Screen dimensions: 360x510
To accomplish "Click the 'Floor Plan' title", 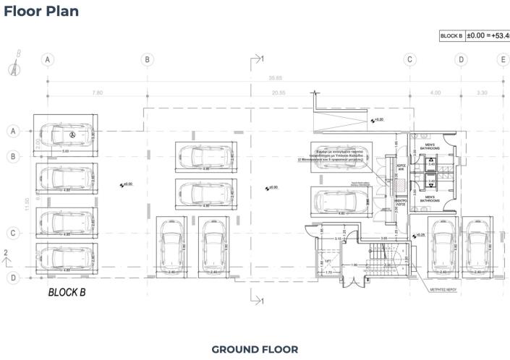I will point(41,12).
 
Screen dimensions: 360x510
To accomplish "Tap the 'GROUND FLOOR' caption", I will point(255,349).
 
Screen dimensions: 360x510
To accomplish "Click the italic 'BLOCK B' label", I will point(67,293).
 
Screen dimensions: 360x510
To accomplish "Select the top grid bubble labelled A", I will point(48,59).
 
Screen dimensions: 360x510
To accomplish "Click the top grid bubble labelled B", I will point(147,59).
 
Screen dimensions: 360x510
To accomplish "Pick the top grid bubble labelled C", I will point(409,59).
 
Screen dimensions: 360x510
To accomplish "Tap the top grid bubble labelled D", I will point(461,59).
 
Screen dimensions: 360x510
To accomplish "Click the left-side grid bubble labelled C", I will point(12,233).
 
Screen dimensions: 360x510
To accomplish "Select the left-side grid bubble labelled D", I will point(12,277).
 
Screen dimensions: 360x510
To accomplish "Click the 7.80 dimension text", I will point(98,93).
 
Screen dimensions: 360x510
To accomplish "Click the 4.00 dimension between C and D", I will point(435,93).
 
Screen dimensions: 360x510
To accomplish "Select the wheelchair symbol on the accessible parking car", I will point(72,134).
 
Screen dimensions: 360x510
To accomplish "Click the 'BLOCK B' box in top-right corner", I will point(451,35).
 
